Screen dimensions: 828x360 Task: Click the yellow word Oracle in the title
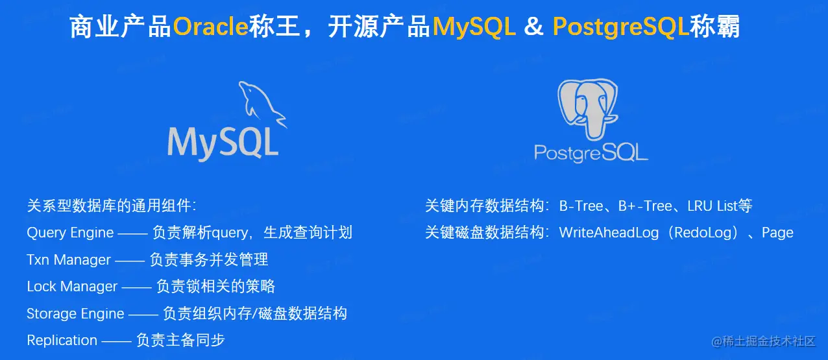[x=210, y=26]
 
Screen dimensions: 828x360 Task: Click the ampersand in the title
[x=534, y=26]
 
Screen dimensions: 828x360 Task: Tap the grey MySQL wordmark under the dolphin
[x=223, y=143]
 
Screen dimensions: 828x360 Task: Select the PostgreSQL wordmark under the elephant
[x=591, y=152]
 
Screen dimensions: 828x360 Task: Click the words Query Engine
[x=70, y=234]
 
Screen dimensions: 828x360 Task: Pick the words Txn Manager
[x=69, y=260]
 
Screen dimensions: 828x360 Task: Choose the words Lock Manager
[x=72, y=287]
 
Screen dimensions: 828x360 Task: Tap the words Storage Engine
[x=75, y=314]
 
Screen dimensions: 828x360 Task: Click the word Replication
[x=62, y=341]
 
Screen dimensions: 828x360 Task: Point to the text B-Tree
[x=581, y=206]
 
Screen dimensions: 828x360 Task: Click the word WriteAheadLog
[x=609, y=233]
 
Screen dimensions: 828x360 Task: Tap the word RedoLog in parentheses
[x=703, y=233]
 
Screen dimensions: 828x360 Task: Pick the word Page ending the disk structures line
[x=778, y=234]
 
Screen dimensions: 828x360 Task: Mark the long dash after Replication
[x=116, y=341]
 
